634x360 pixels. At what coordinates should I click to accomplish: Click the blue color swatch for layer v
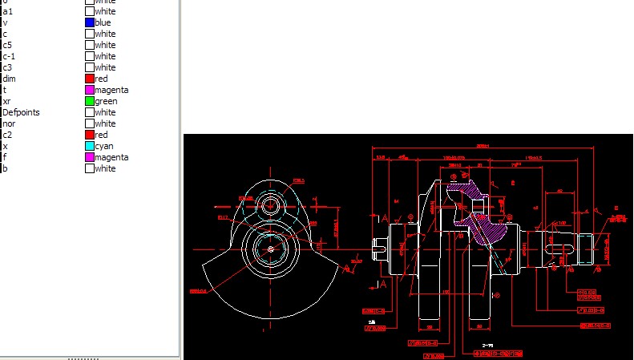point(90,22)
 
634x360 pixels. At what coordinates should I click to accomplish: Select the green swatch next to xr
point(90,101)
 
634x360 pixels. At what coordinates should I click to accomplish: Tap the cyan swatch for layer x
point(90,146)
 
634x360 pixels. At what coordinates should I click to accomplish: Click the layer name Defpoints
point(21,112)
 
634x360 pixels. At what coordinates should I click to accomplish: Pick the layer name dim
point(9,79)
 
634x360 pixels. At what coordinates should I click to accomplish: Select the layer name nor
point(8,123)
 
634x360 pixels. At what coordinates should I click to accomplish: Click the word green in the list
point(106,101)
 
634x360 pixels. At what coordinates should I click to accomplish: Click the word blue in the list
point(103,22)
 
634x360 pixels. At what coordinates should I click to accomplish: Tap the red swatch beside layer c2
point(90,135)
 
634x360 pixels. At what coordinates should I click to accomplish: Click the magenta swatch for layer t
point(90,90)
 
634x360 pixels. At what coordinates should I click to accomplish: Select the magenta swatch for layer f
point(90,157)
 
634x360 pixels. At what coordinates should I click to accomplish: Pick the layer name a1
point(7,11)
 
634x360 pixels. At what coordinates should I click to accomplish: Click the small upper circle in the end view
point(270,204)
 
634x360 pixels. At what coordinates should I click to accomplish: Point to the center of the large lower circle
point(270,249)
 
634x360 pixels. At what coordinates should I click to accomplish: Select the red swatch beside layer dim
point(90,79)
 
